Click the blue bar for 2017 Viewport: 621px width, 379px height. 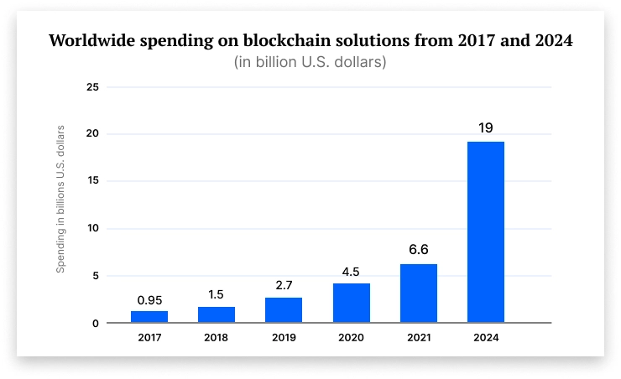tap(149, 317)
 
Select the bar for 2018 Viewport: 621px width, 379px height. tap(217, 314)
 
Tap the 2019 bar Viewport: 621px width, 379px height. tap(284, 310)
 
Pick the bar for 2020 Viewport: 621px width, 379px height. tap(352, 303)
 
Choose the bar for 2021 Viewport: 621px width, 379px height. tap(419, 293)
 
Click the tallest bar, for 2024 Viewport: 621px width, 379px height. tap(486, 232)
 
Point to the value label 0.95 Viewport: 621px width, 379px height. tap(149, 299)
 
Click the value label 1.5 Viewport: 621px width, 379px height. tap(217, 294)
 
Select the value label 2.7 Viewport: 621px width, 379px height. tap(284, 285)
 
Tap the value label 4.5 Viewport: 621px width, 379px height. tap(352, 271)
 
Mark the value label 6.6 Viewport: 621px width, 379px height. tap(419, 251)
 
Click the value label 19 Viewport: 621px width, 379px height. tap(486, 128)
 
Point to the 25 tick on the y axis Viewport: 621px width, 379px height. tap(92, 87)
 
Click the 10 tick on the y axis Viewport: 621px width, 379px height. tap(92, 229)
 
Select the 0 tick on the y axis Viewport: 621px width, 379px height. tap(96, 324)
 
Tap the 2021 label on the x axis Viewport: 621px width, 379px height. tap(419, 338)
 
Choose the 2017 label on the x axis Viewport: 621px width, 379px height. tap(149, 338)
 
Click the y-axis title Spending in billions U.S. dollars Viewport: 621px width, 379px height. tap(60, 200)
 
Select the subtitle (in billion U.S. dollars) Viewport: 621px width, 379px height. tap(310, 63)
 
